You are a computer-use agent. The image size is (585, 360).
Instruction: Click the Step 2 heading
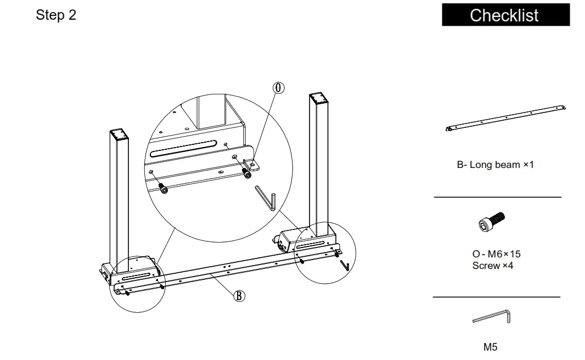[x=56, y=15]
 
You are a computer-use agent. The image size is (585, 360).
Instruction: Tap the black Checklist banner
[x=505, y=15]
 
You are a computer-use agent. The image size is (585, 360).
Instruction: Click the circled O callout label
[x=279, y=88]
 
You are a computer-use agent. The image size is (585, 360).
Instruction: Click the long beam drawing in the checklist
[x=505, y=119]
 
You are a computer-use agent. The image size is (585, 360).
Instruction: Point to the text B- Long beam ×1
[x=495, y=165]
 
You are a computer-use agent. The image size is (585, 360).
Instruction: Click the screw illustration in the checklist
[x=491, y=222]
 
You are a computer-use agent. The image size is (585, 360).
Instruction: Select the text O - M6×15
[x=496, y=254]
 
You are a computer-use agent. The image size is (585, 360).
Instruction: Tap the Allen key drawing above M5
[x=492, y=317]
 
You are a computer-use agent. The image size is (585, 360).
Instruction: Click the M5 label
[x=490, y=347]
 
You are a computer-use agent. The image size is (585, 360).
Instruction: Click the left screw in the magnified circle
[x=163, y=189]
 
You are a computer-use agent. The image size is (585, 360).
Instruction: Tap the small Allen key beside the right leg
[x=344, y=266]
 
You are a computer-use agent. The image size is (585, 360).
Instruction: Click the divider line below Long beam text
[x=497, y=196]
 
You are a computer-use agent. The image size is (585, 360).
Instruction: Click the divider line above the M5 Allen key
[x=496, y=297]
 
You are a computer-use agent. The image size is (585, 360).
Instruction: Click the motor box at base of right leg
[x=291, y=239]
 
